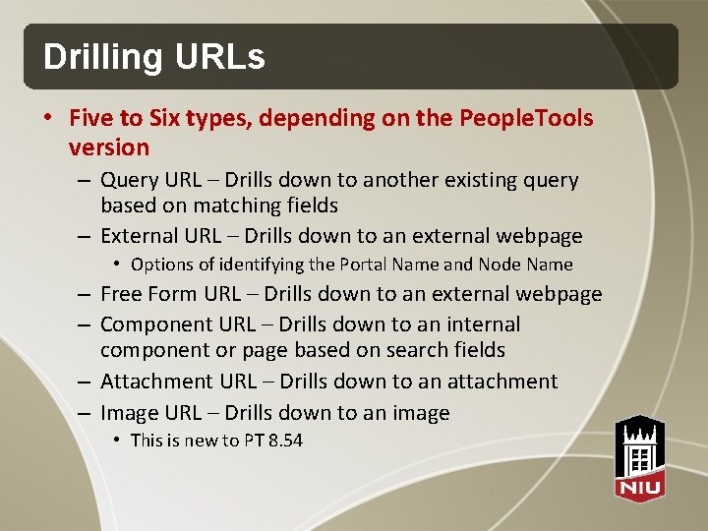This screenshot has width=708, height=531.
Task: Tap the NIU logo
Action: [639, 456]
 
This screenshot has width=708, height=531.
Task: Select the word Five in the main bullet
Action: [90, 119]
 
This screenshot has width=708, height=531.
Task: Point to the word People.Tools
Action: [526, 119]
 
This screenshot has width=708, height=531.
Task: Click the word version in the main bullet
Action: [109, 148]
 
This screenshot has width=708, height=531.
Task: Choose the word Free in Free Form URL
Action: [122, 294]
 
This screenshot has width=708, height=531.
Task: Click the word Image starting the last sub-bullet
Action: [130, 413]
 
